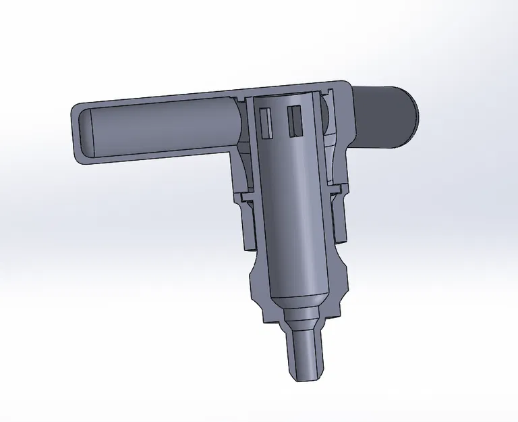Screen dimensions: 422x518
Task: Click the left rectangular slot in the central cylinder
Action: click(x=266, y=120)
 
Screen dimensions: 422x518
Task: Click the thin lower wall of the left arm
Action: click(x=155, y=159)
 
